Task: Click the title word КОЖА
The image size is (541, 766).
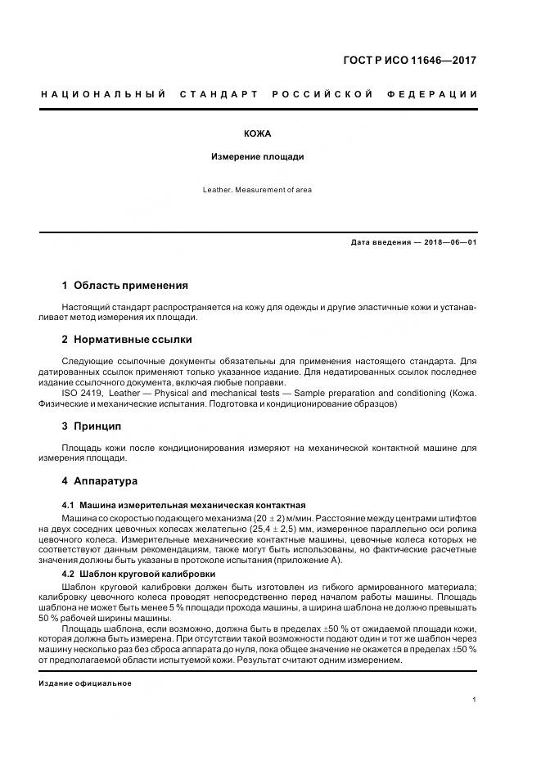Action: click(x=257, y=133)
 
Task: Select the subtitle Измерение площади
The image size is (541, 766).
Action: click(x=257, y=156)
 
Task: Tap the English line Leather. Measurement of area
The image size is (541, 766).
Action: click(x=257, y=190)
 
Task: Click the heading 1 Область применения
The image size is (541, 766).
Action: click(x=124, y=286)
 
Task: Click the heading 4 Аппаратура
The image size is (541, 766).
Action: click(x=100, y=480)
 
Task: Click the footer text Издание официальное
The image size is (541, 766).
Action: click(x=85, y=683)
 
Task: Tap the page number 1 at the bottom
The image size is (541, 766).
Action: click(x=475, y=700)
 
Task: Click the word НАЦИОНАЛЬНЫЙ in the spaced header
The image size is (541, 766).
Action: click(x=103, y=95)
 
